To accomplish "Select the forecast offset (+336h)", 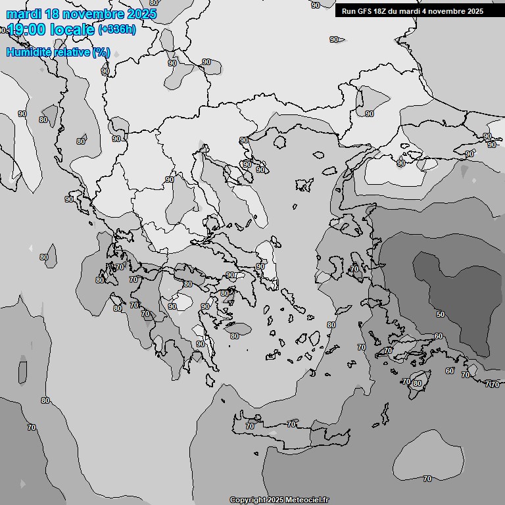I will [x=116, y=30].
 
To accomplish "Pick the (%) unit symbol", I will [x=101, y=52].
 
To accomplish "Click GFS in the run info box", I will [x=363, y=11].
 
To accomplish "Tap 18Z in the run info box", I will [x=381, y=11].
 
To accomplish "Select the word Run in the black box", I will [x=348, y=11].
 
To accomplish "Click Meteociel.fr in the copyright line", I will [x=306, y=500].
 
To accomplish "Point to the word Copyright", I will [x=247, y=500].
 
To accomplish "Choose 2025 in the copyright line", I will [x=276, y=500].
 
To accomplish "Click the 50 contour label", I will [x=440, y=314].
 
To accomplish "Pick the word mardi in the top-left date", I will [x=24, y=14].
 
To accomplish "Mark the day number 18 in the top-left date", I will [x=53, y=14].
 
